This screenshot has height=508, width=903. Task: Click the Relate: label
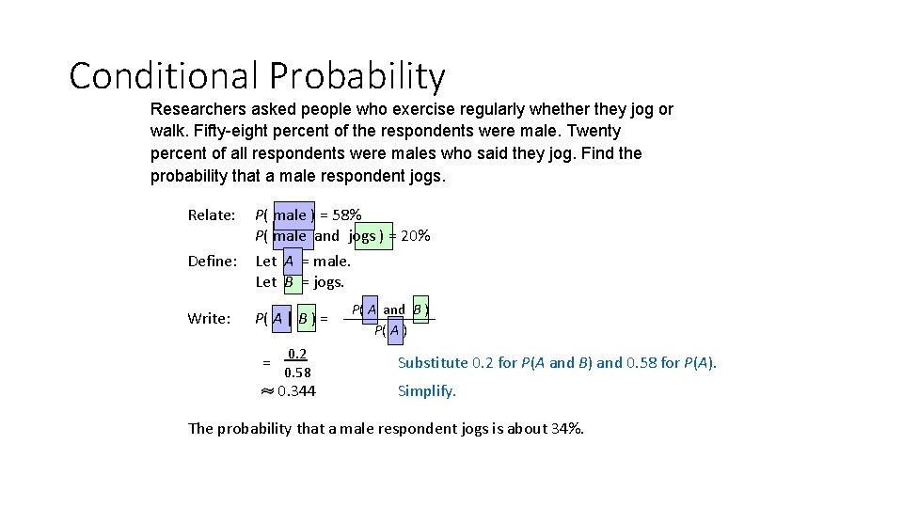[212, 215]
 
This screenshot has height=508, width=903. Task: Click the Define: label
[212, 262]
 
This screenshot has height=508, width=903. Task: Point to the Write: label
[209, 319]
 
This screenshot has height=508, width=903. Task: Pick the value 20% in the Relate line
[416, 236]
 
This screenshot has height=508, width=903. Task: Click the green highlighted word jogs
[363, 236]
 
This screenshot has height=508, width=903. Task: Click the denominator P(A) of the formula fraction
[390, 330]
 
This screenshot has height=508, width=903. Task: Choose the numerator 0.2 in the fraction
[296, 355]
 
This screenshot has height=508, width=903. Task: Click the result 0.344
[296, 391]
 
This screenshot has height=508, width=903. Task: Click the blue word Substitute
[433, 363]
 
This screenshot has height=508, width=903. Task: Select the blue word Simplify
[426, 391]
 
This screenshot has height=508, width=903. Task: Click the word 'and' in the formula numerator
[394, 310]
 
